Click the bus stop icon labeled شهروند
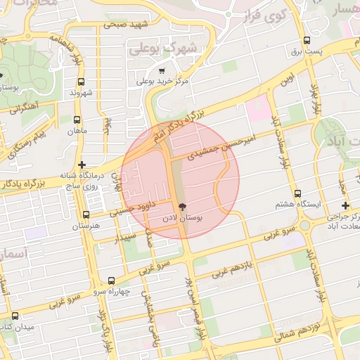[82, 82]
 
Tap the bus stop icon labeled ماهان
[77, 120]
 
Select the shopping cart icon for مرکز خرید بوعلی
[162, 70]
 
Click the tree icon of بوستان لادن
[183, 207]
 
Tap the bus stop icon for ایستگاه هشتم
[297, 193]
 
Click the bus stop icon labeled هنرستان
[86, 215]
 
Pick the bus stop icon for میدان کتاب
[15, 316]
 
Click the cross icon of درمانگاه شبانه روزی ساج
[82, 165]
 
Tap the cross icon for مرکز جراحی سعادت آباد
[345, 205]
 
